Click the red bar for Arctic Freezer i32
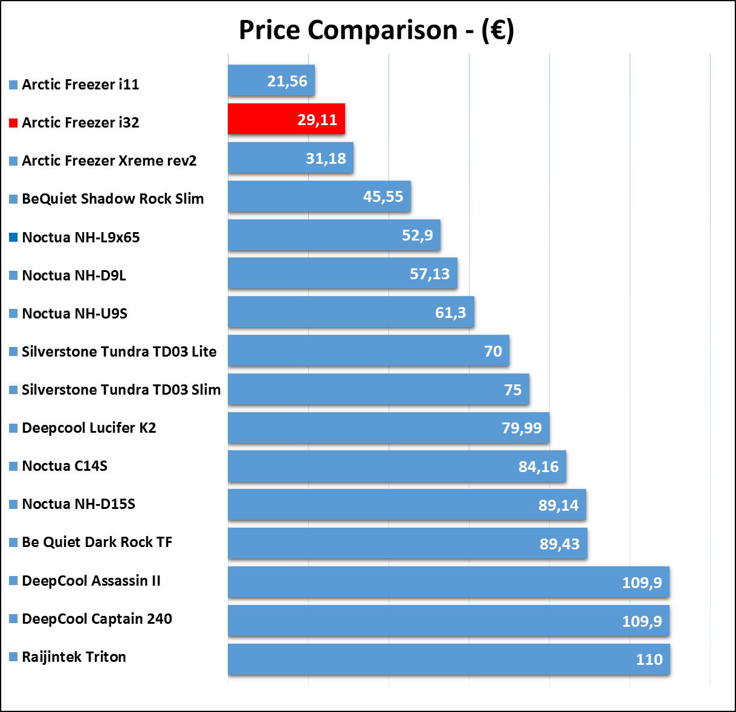[x=286, y=119]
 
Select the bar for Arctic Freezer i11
[x=271, y=80]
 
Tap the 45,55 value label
[x=383, y=196]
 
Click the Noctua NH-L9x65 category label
[x=81, y=237]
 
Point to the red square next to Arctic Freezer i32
[x=13, y=123]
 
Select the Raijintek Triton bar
[x=449, y=659]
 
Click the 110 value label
[x=650, y=659]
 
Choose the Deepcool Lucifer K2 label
[x=89, y=427]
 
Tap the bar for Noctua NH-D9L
[x=343, y=273]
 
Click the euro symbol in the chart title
[x=498, y=30]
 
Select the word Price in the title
[x=270, y=30]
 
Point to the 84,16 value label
[x=538, y=467]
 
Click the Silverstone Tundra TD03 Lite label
[x=119, y=351]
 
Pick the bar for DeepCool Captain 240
[x=448, y=621]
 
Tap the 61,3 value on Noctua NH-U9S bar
[x=450, y=312]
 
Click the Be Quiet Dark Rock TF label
[x=97, y=542]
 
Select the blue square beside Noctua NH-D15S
[x=13, y=504]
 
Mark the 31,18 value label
[x=326, y=158]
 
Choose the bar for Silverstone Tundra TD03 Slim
[x=379, y=389]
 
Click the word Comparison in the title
[x=383, y=30]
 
